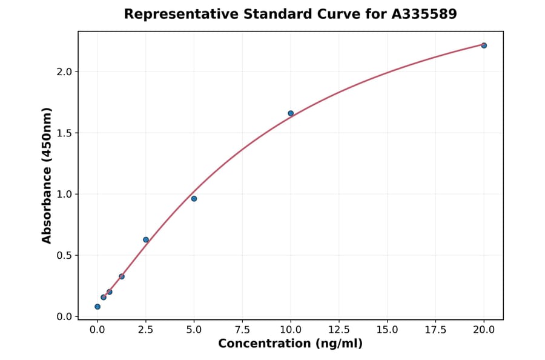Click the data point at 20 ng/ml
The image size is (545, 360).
(x=484, y=45)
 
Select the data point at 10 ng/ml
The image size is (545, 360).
(x=291, y=113)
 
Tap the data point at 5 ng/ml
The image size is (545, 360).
(x=194, y=199)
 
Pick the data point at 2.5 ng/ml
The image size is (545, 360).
(x=146, y=240)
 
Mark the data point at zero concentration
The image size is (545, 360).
(x=97, y=307)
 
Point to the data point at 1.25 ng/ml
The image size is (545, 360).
(x=122, y=277)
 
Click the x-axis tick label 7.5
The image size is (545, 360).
(x=242, y=330)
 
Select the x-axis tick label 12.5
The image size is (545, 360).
(x=339, y=330)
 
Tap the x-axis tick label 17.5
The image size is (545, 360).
(x=435, y=330)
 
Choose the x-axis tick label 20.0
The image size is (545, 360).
(x=484, y=330)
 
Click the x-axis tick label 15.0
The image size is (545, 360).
(x=387, y=330)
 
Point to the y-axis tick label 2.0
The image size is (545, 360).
(x=64, y=72)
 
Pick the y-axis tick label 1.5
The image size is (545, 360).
(x=64, y=133)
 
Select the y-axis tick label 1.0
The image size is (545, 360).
(x=64, y=195)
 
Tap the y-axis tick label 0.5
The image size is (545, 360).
(x=64, y=256)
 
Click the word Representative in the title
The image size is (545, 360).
(x=174, y=14)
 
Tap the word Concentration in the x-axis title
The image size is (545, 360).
(x=263, y=344)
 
